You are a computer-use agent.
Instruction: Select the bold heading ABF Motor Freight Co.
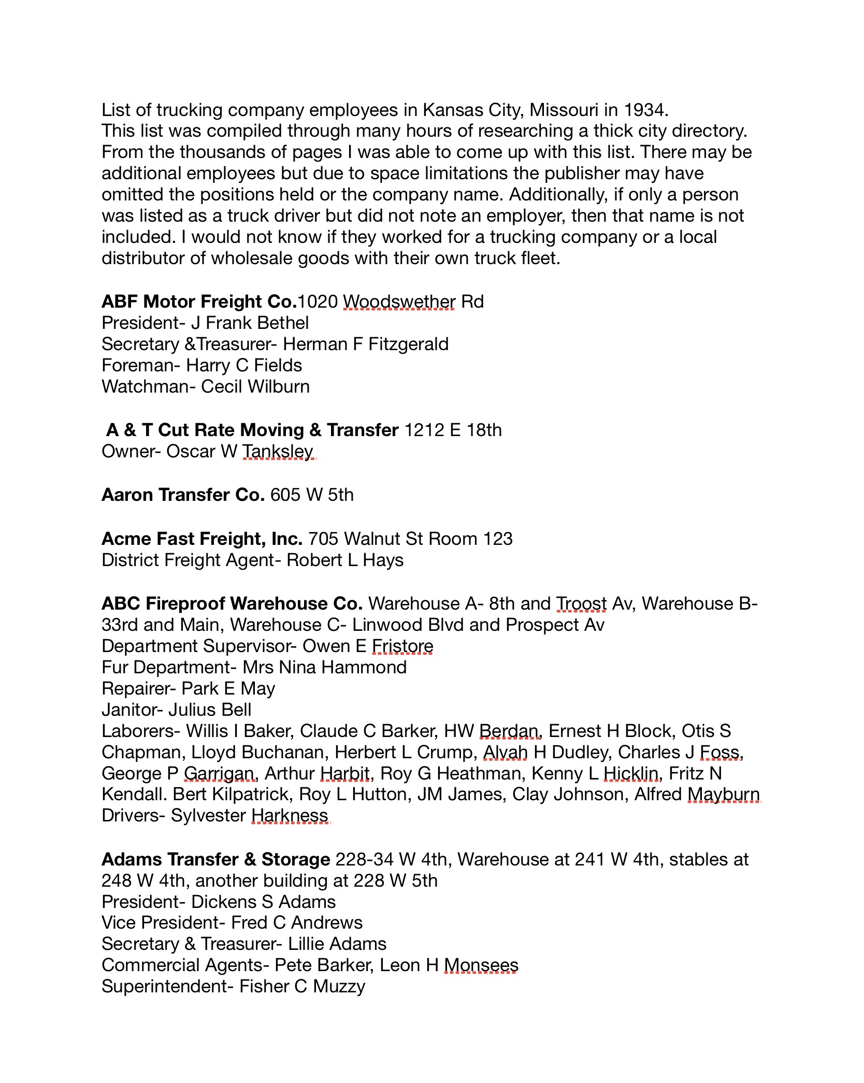click(x=199, y=301)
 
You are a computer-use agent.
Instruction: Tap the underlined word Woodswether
click(x=399, y=301)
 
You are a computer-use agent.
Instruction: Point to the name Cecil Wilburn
click(x=255, y=386)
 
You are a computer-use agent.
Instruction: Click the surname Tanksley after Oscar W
click(x=278, y=451)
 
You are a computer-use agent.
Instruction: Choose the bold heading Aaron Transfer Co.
click(x=183, y=495)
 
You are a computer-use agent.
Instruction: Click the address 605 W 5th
click(x=312, y=495)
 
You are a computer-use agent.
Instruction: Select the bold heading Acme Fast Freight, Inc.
click(x=202, y=539)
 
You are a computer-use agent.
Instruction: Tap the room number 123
click(x=498, y=539)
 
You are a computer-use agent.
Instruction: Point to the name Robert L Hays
click(x=345, y=560)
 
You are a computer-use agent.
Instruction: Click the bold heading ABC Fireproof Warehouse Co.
click(x=232, y=603)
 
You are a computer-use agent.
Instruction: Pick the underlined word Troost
click(x=581, y=603)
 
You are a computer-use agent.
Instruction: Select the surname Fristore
click(x=402, y=646)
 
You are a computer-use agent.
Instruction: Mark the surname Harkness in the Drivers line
click(x=290, y=815)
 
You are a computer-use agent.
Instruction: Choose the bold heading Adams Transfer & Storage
click(x=215, y=859)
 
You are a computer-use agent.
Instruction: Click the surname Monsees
click(x=481, y=965)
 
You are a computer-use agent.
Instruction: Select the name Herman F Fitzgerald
click(x=366, y=344)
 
